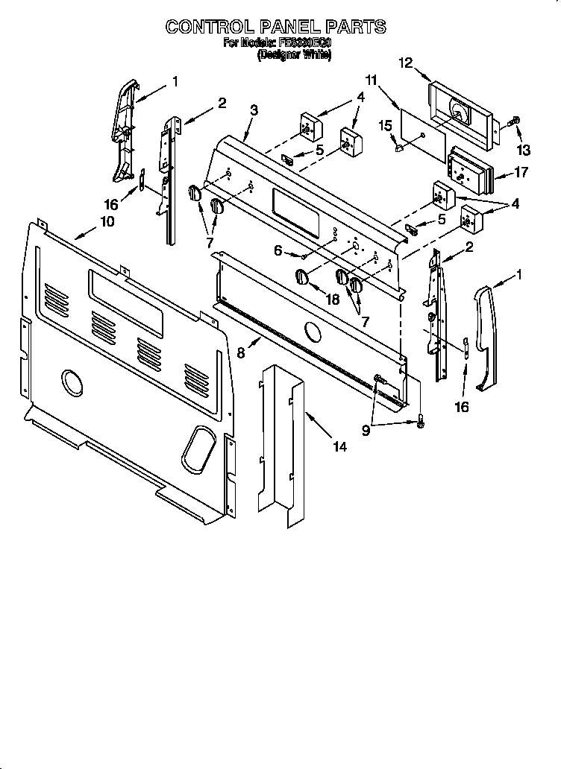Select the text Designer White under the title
(294, 55)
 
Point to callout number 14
(339, 447)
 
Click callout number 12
(405, 64)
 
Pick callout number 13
(524, 150)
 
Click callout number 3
(254, 110)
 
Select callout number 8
(241, 354)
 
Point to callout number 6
(278, 251)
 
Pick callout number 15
(386, 127)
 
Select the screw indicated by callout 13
(514, 121)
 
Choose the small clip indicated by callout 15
(401, 148)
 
